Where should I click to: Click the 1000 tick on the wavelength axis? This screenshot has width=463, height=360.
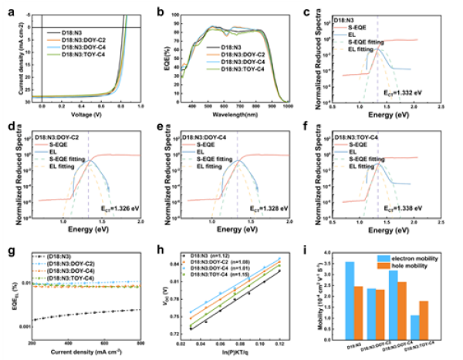click(287, 109)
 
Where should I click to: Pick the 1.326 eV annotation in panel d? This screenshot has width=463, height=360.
click(120, 207)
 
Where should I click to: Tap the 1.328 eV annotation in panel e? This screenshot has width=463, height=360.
click(270, 207)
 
